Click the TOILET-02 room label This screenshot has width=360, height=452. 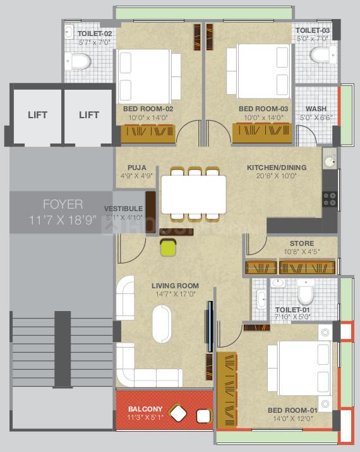(x=95, y=33)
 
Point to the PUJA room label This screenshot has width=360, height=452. (x=136, y=167)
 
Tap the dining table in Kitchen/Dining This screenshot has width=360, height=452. (x=193, y=194)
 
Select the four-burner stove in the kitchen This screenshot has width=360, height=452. (x=329, y=200)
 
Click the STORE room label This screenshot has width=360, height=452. (x=301, y=243)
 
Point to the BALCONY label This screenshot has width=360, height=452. (x=145, y=408)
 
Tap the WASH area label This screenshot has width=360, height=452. (x=316, y=109)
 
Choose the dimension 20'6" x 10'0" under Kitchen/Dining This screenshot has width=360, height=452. (x=276, y=176)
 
